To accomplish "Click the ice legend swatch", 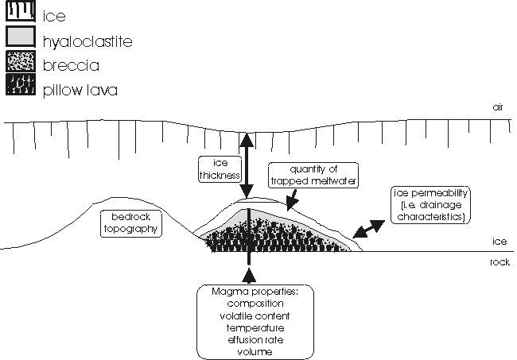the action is [21, 11].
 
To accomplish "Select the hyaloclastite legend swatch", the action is [21, 37].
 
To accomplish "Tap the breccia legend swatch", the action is [21, 61].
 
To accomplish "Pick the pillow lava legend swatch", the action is [21, 85].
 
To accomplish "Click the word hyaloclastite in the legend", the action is [87, 42].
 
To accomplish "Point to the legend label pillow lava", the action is [80, 91].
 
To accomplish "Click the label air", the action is [498, 107].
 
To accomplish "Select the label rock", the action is [500, 262].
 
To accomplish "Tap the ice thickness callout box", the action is [220, 169].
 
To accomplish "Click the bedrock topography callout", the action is [131, 223].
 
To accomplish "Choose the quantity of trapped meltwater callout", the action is [313, 175].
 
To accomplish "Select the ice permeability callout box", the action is [430, 205].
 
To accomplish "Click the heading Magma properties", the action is [255, 292].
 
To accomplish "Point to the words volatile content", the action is [255, 316].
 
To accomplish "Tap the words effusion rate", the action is [255, 340].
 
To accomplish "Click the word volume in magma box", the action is [255, 352].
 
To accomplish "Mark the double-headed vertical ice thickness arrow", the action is [247, 165].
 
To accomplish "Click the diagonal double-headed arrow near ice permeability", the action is [368, 229].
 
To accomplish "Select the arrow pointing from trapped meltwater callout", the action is [292, 199].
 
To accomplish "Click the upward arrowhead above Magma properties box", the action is [249, 275].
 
